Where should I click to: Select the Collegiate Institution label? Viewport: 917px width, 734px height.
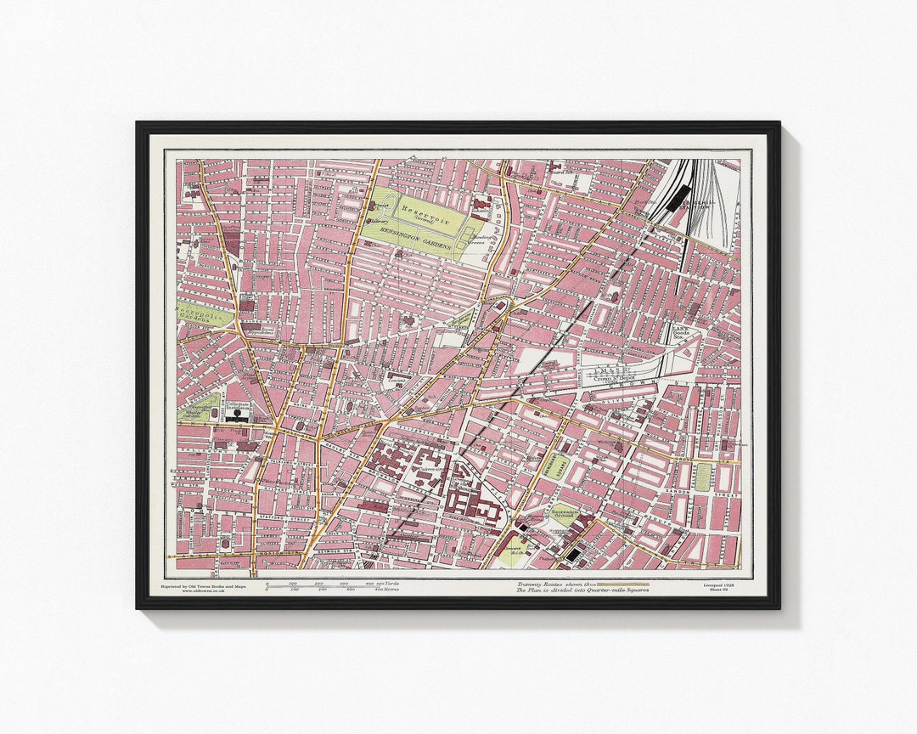click(237, 408)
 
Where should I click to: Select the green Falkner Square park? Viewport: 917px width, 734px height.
click(703, 477)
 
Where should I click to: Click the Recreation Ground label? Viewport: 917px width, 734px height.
click(565, 512)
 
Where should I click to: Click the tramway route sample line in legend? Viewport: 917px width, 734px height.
click(624, 584)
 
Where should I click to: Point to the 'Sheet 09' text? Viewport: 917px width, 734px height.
click(719, 590)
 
